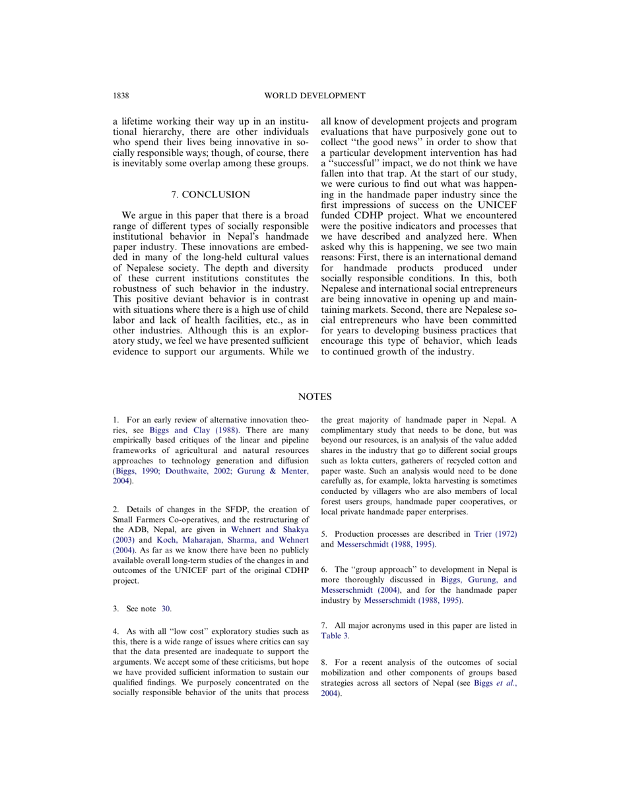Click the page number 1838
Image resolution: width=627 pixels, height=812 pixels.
click(121, 96)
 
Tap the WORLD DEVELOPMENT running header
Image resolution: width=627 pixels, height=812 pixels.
click(314, 96)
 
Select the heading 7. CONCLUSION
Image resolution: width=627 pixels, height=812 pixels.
click(211, 195)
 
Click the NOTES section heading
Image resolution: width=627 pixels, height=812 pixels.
click(314, 397)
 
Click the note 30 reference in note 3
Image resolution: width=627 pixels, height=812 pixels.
click(166, 609)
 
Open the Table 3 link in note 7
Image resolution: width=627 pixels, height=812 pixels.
click(335, 636)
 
